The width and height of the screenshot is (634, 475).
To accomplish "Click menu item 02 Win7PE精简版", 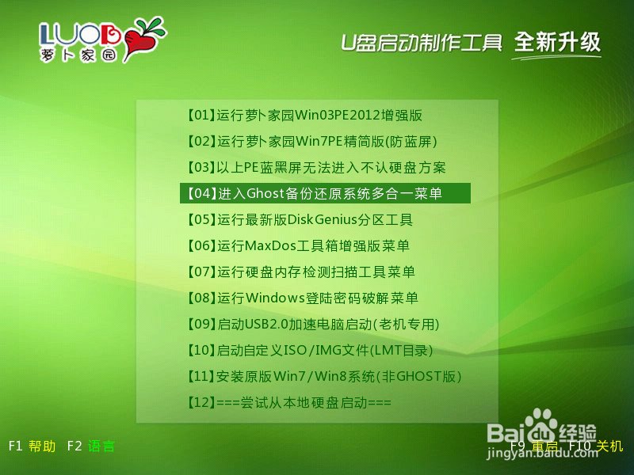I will [x=312, y=142].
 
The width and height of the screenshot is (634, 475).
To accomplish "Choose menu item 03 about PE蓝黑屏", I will [x=316, y=168].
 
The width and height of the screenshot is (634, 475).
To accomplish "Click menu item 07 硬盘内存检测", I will [x=301, y=272].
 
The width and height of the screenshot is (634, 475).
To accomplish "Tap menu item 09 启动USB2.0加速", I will [x=313, y=325].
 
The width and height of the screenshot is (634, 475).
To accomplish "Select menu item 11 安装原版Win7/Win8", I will [x=324, y=377].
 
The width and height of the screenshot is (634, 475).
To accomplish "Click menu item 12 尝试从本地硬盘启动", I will [x=289, y=403].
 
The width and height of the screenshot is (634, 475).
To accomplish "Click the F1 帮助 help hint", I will [x=32, y=446].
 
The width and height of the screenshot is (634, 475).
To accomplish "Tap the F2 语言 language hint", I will [x=91, y=446].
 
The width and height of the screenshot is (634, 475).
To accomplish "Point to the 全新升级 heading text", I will [x=557, y=41].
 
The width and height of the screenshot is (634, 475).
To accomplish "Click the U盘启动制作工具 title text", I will [x=421, y=42].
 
